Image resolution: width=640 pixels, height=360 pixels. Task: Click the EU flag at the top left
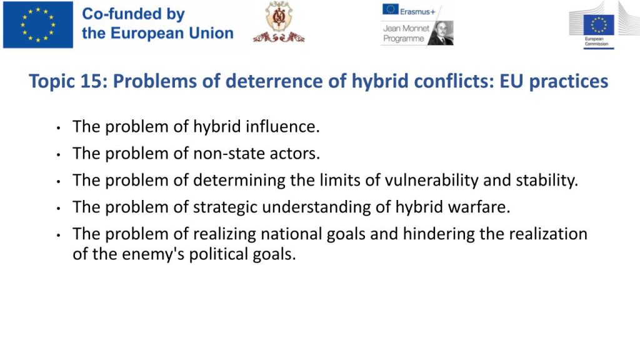(38, 25)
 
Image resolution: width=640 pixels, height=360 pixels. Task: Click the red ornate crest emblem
(279, 22)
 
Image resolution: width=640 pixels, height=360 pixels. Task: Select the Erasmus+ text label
(417, 12)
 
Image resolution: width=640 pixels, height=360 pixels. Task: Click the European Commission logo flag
(599, 25)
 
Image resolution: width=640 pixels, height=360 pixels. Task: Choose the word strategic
(225, 207)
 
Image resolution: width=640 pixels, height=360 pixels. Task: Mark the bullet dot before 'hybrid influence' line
(59, 128)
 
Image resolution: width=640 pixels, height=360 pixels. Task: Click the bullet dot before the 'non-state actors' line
(59, 155)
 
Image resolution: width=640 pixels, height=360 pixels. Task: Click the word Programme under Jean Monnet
(403, 39)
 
